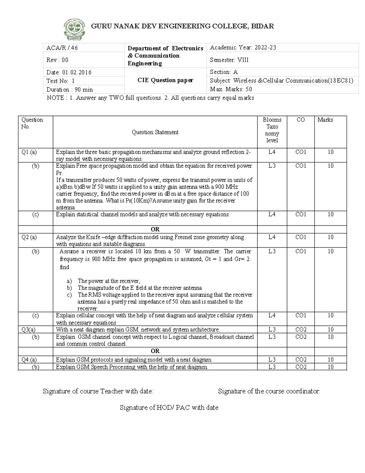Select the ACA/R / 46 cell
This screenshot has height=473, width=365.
(62, 48)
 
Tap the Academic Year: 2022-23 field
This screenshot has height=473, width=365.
(243, 48)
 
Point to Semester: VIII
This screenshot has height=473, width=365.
(229, 60)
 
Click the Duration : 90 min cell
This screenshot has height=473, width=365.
(69, 90)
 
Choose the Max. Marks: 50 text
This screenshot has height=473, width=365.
(231, 89)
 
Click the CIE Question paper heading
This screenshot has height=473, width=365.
(165, 80)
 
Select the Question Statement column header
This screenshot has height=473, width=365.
(155, 132)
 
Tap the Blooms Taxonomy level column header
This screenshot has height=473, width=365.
(272, 130)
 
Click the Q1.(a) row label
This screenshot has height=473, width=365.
(29, 152)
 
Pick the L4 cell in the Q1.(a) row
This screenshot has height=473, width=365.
(272, 152)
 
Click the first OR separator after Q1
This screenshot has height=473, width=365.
(155, 229)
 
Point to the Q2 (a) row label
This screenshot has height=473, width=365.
(29, 237)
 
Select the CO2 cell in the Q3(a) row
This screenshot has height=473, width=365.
(301, 330)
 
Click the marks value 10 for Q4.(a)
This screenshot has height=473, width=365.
(330, 360)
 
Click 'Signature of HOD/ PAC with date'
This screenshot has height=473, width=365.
(169, 408)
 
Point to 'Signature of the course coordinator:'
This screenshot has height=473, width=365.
(269, 391)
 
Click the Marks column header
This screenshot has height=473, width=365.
(325, 120)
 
